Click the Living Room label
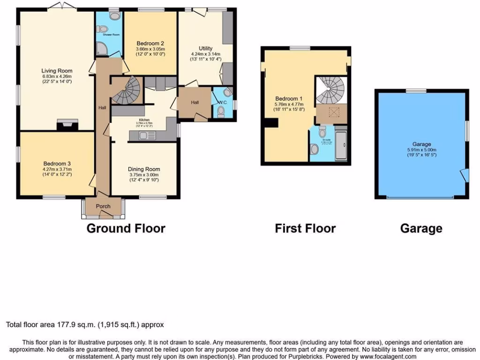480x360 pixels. [57, 71]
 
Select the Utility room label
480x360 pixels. [205, 48]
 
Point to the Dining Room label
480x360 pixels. [144, 169]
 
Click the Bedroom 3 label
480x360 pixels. [56, 164]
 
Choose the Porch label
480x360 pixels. [103, 206]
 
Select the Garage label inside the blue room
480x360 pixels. [422, 144]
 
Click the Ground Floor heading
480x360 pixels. [126, 229]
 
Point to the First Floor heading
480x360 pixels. [305, 229]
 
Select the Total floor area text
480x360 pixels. [84, 324]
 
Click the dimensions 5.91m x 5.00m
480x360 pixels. [421, 150]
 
